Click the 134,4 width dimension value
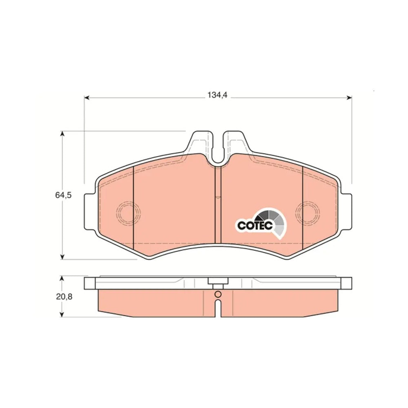coord(217,95)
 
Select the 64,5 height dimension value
coord(63,195)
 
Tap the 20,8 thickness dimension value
coord(64,296)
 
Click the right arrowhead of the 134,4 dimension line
coord(349,98)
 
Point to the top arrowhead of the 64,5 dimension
coord(62,134)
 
